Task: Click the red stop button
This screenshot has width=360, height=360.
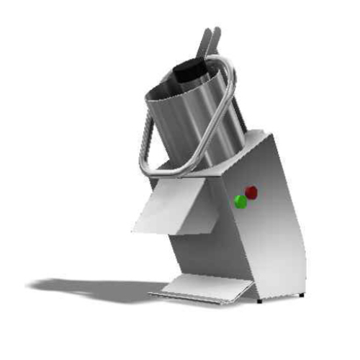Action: click(251, 192)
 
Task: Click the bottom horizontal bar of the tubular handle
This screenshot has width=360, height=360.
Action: click(173, 171)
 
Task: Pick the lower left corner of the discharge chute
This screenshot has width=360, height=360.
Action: click(135, 230)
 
